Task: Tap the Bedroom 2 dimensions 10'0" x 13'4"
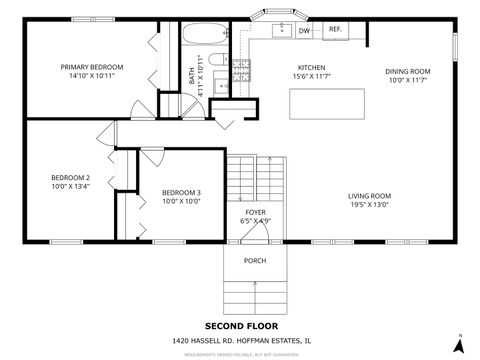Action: pyautogui.click(x=71, y=186)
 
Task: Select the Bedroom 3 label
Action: pyautogui.click(x=181, y=192)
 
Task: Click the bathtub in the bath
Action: pyautogui.click(x=203, y=35)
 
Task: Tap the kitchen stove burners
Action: pyautogui.click(x=241, y=69)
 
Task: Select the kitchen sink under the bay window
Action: pyautogui.click(x=283, y=28)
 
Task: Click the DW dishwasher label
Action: pyautogui.click(x=304, y=31)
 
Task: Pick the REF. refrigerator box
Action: pyautogui.click(x=335, y=30)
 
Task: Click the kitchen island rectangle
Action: pyautogui.click(x=327, y=103)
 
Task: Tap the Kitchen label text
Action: pyautogui.click(x=311, y=67)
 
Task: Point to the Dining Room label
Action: pyautogui.click(x=408, y=71)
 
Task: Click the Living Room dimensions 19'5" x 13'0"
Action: pyautogui.click(x=369, y=205)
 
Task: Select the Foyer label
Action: pyautogui.click(x=256, y=212)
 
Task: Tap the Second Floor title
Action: pyautogui.click(x=241, y=326)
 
